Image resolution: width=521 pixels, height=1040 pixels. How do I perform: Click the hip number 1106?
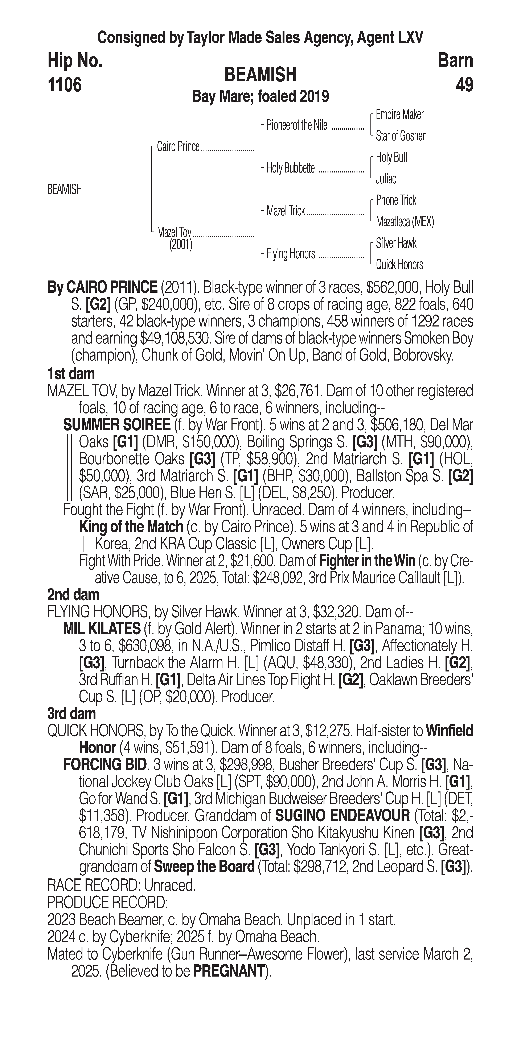(65, 85)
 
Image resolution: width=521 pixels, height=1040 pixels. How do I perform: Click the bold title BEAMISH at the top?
(260, 75)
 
